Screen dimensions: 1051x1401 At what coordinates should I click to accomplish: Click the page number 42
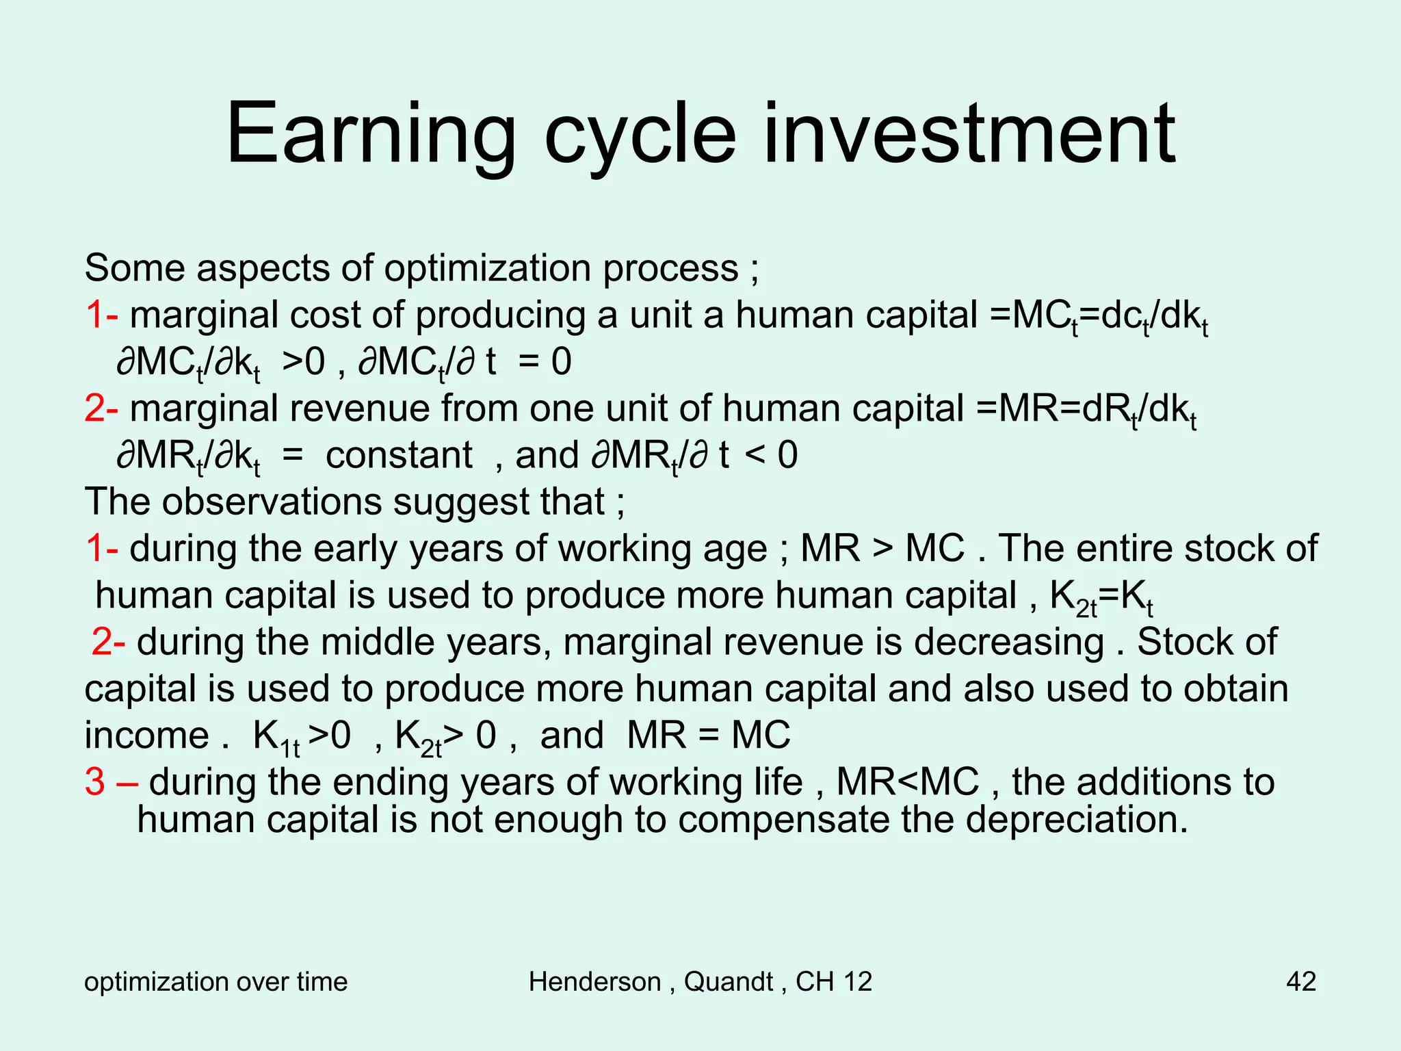[1300, 981]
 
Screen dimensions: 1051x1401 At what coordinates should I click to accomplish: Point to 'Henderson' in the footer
[594, 981]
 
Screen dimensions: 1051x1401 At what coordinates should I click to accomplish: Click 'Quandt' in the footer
[728, 981]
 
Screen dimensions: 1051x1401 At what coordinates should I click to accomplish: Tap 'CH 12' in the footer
[834, 981]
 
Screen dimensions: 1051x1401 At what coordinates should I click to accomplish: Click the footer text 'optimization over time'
[215, 981]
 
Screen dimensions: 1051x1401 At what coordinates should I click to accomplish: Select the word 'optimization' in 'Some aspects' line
[487, 268]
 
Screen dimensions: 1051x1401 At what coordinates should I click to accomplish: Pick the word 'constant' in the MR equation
[399, 455]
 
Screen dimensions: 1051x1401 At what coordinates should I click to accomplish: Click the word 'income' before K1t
[146, 736]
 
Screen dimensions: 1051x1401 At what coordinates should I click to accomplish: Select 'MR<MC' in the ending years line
[907, 781]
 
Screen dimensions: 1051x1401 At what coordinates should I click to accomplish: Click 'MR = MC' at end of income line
[708, 736]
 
